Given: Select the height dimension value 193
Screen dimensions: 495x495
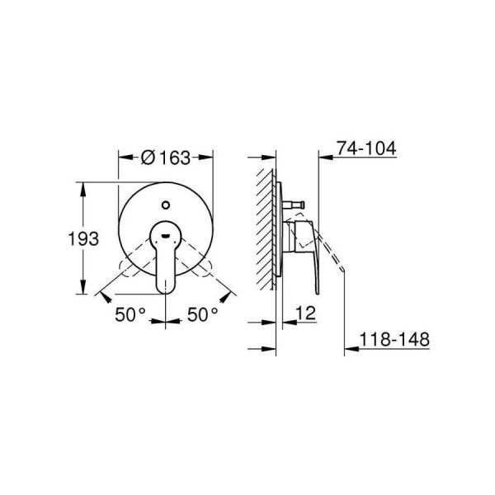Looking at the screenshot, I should [82, 239].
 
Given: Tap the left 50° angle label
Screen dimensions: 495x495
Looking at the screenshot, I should [130, 314].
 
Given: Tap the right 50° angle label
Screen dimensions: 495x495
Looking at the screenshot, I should [202, 314].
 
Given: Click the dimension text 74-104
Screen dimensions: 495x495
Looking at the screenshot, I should [366, 148].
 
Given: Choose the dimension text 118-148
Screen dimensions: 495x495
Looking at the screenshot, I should [393, 339].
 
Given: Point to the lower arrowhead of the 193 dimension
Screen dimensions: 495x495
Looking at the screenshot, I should [82, 291].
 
